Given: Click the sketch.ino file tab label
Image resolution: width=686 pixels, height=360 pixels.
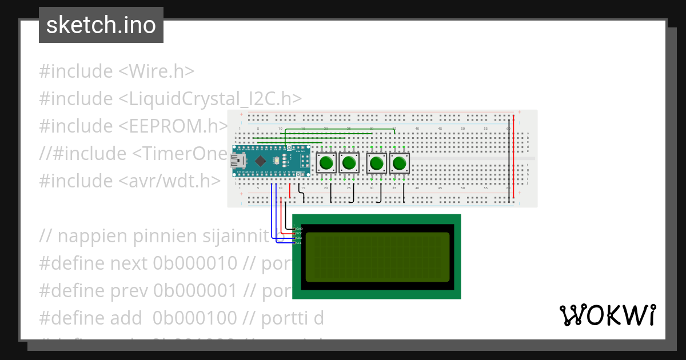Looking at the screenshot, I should click(101, 25).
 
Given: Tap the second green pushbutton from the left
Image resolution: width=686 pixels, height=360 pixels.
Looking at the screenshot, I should click(349, 163).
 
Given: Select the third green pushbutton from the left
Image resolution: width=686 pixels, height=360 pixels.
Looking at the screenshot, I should click(376, 164).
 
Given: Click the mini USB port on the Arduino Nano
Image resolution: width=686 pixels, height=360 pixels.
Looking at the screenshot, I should click(237, 161).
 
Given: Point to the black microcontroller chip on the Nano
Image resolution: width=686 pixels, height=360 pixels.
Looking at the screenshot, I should click(260, 161).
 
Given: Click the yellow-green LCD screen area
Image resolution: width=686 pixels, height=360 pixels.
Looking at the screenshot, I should click(377, 257).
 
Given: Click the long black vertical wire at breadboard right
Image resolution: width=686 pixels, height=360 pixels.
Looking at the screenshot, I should click(509, 160).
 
